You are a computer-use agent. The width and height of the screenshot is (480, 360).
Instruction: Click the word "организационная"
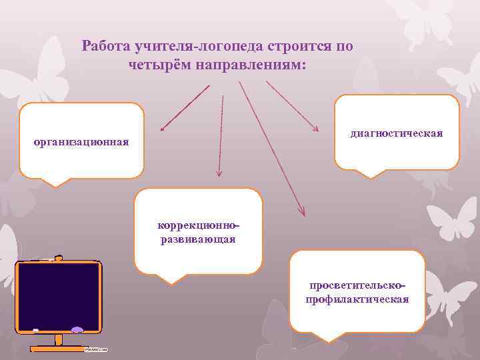tap(81, 142)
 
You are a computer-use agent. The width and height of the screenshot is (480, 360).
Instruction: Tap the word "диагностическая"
tap(397, 133)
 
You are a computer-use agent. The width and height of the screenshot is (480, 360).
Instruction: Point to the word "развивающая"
tap(198, 239)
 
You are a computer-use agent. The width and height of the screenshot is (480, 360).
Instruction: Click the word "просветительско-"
tap(357, 285)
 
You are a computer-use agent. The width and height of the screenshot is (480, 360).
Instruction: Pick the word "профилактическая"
tap(357, 299)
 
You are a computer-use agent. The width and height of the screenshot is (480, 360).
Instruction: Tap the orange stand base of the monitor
tap(58, 348)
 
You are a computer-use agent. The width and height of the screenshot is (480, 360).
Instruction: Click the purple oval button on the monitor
tap(77, 329)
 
